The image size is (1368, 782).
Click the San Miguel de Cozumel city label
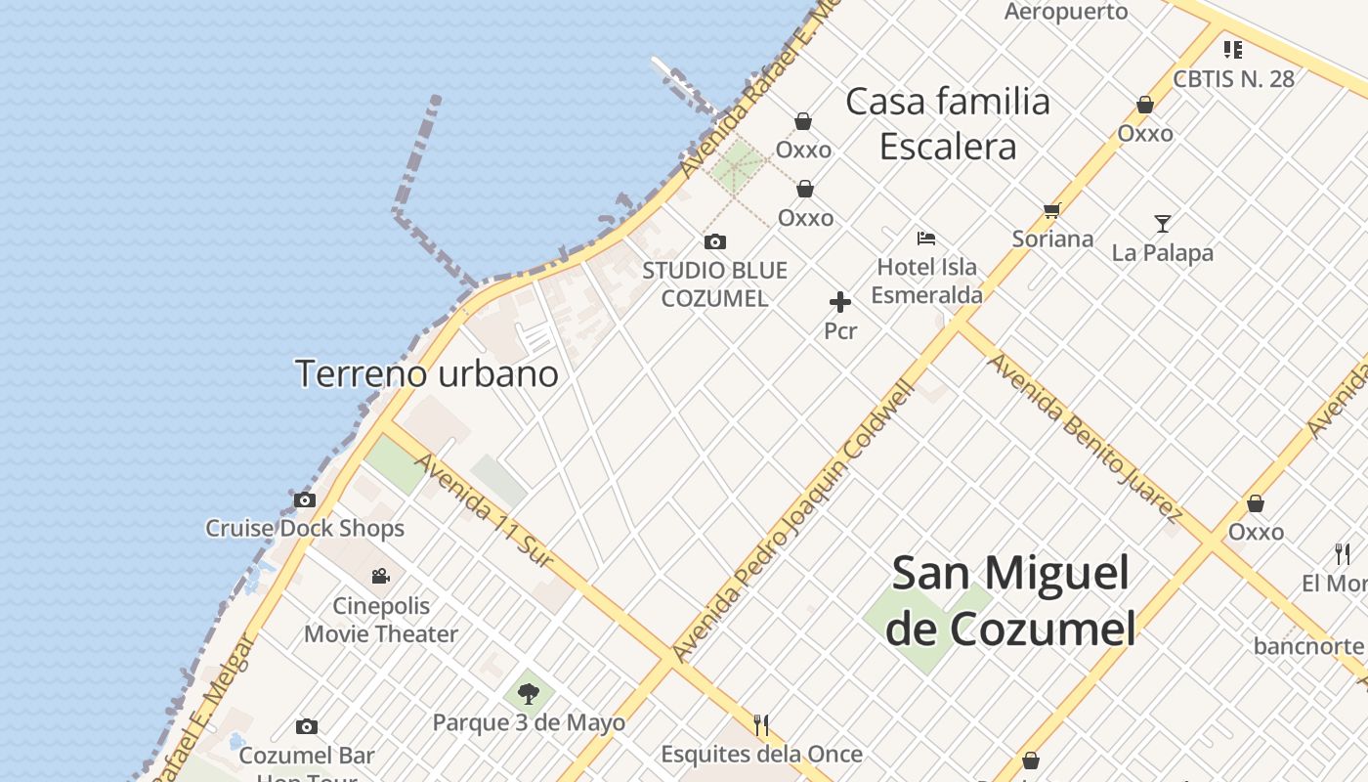[1011, 600]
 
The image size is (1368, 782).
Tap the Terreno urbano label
[426, 373]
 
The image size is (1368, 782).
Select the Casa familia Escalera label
[948, 123]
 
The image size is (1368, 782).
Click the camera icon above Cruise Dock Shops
[305, 500]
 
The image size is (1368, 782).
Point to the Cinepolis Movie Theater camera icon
[381, 577]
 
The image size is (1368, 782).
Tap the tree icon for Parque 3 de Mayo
[529, 694]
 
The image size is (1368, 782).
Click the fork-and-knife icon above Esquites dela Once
[761, 725]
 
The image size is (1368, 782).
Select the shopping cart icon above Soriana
[1052, 210]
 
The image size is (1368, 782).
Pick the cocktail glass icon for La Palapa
[1162, 224]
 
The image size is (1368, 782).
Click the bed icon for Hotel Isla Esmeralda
[926, 238]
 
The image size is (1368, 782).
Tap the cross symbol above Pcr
[840, 302]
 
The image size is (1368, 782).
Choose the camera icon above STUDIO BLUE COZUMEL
[715, 241]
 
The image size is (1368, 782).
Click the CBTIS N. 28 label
[1233, 79]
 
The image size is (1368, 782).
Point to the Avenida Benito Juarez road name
[1085, 437]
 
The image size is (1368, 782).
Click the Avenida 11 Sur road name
[485, 509]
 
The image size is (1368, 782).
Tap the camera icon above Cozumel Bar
[307, 726]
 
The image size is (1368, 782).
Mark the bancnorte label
[1308, 646]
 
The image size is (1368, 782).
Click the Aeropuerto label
[1066, 12]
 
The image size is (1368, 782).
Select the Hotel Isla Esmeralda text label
[926, 281]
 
